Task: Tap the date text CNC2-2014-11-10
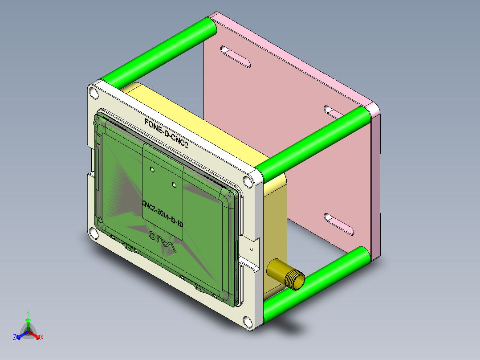163,214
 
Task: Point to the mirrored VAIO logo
163,241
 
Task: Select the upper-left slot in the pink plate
236,57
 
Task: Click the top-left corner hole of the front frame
94,93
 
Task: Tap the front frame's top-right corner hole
247,182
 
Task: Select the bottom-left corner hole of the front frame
93,233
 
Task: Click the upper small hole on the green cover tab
152,169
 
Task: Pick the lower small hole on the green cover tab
174,183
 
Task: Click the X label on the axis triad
42,338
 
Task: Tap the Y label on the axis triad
28,313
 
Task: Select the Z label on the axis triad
15,338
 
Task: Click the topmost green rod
160,51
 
